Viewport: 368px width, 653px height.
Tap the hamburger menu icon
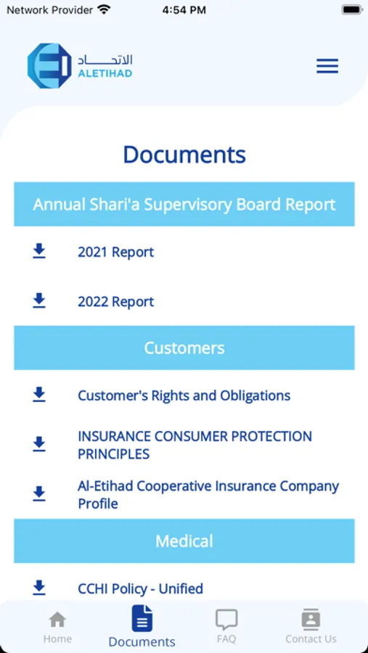coord(327,66)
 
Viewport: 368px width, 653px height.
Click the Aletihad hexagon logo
coord(49,66)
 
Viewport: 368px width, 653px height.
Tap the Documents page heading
coord(184,155)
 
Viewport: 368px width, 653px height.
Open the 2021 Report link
coord(116,252)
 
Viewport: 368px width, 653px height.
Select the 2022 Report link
coord(116,302)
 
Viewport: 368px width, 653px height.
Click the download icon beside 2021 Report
coord(39,251)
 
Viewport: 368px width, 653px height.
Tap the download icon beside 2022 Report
coord(39,300)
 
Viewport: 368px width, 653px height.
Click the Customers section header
coord(184,348)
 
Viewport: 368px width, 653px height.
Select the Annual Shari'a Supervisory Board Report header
coord(184,204)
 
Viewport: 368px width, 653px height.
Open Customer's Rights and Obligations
coord(184,395)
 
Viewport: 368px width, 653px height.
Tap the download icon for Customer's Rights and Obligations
coord(39,395)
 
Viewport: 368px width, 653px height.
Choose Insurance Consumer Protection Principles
coord(195,445)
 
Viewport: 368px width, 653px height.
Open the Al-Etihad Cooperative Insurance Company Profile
coord(208,495)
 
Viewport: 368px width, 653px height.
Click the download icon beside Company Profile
coord(39,493)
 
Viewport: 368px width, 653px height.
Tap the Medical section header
coord(184,541)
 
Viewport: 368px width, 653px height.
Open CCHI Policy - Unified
coord(140,589)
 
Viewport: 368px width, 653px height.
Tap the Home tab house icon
coord(57,620)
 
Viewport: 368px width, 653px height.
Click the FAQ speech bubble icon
coord(226,620)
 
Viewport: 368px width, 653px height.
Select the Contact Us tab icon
coord(311,620)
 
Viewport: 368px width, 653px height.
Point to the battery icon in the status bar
coord(352,10)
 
